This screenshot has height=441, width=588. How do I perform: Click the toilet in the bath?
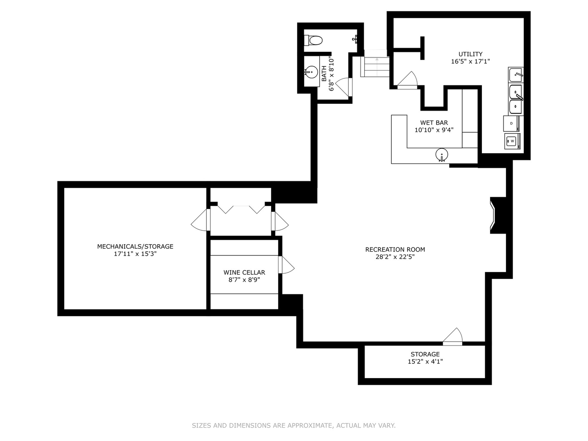tap(313, 41)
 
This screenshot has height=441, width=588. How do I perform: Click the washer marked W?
tap(512, 141)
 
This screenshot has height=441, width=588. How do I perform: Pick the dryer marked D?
tap(511, 123)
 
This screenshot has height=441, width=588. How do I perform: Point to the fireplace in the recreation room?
tap(498, 215)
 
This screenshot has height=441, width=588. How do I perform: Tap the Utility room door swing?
tap(408, 80)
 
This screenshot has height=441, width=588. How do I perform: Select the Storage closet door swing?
tap(452, 336)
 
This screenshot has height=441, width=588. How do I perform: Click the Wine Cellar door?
tap(286, 265)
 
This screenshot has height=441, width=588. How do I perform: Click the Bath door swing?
tap(344, 87)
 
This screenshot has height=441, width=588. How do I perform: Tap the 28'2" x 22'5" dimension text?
tap(395, 257)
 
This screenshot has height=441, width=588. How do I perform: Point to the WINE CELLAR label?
tap(244, 272)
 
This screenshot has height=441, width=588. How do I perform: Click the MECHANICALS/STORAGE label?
tap(135, 246)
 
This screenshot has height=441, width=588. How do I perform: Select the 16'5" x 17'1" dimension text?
tap(470, 61)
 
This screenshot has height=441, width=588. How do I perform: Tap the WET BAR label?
tap(434, 122)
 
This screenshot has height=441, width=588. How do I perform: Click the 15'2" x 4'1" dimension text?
tap(425, 361)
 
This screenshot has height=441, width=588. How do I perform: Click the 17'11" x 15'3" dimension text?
tap(135, 254)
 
